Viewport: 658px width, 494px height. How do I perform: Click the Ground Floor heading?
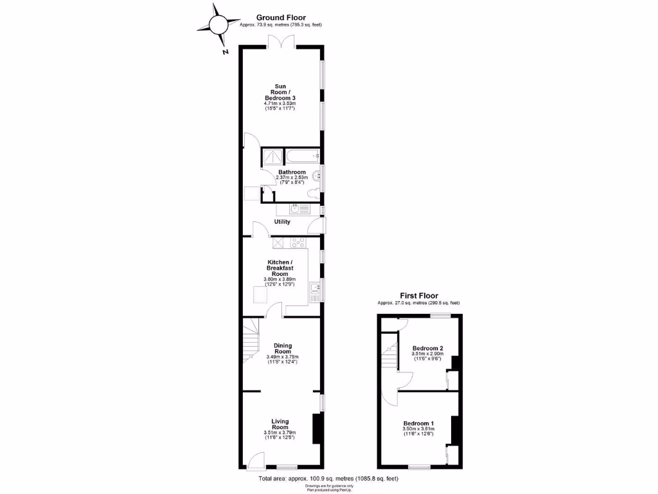(281, 18)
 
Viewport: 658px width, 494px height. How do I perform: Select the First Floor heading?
(418, 296)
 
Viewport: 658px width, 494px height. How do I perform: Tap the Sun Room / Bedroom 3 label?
(280, 92)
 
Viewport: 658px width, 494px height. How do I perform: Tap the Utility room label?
(282, 222)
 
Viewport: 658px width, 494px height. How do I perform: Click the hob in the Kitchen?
(299, 242)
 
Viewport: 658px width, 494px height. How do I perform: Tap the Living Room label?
(280, 425)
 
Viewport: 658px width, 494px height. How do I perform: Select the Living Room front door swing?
(255, 459)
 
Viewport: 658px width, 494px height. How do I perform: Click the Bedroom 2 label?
(428, 349)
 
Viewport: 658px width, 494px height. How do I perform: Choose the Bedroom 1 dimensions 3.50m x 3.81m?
(418, 429)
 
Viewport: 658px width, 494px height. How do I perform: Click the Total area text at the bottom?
(328, 479)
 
